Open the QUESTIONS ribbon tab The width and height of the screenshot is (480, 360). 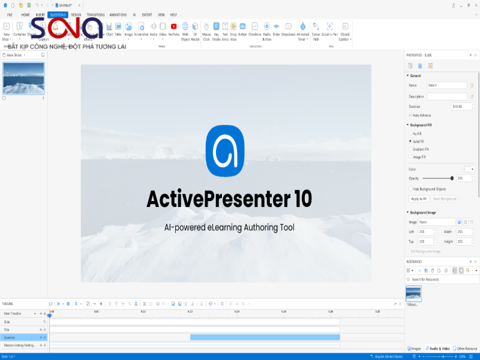point(58,14)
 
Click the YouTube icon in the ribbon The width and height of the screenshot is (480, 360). point(173,26)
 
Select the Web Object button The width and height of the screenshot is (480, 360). point(185,27)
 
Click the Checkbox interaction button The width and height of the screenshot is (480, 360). point(255,26)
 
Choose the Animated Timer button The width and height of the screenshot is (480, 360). point(302,27)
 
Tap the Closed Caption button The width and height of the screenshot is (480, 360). point(344,27)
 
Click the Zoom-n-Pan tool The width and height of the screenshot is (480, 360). point(329,27)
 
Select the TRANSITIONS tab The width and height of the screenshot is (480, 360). point(95,14)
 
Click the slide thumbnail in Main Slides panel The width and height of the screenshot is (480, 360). point(23,78)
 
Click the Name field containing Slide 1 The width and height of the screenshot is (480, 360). point(446,86)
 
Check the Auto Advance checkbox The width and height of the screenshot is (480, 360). point(410,115)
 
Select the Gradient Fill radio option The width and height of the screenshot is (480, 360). point(410,149)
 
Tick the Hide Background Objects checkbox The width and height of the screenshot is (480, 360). point(410,188)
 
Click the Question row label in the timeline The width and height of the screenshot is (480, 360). point(10,338)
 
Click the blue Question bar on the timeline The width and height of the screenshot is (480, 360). point(265,338)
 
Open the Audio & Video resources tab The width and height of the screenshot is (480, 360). point(437,348)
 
